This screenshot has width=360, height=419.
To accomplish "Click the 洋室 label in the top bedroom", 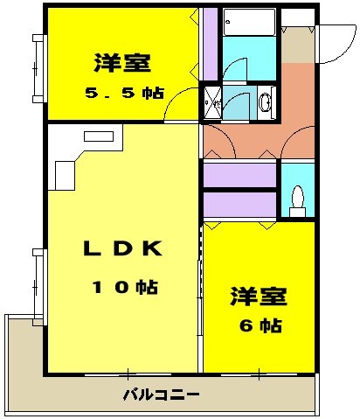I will (x=122, y=64).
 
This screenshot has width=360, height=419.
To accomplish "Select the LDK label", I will (x=122, y=248).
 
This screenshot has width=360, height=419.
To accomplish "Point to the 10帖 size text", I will (x=122, y=287).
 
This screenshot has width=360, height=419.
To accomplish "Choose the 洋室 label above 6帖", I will (x=259, y=297).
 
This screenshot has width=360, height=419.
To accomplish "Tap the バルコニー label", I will (x=161, y=394).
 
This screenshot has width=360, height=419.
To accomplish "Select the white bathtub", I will (x=249, y=21).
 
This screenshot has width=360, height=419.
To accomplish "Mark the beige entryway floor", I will (x=299, y=45).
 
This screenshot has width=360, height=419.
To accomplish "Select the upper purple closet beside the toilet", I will (x=240, y=175).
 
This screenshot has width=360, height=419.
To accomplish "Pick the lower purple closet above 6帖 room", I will (x=240, y=204).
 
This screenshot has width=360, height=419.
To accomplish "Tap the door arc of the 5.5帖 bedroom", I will (x=179, y=105).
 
